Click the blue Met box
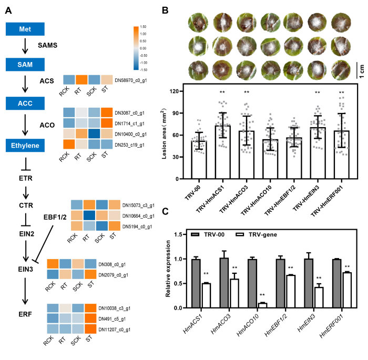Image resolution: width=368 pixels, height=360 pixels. coord(24,29)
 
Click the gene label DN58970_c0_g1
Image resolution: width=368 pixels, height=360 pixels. coord(134,79)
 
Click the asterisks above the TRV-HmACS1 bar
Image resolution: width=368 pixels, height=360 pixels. coord(222,92)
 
